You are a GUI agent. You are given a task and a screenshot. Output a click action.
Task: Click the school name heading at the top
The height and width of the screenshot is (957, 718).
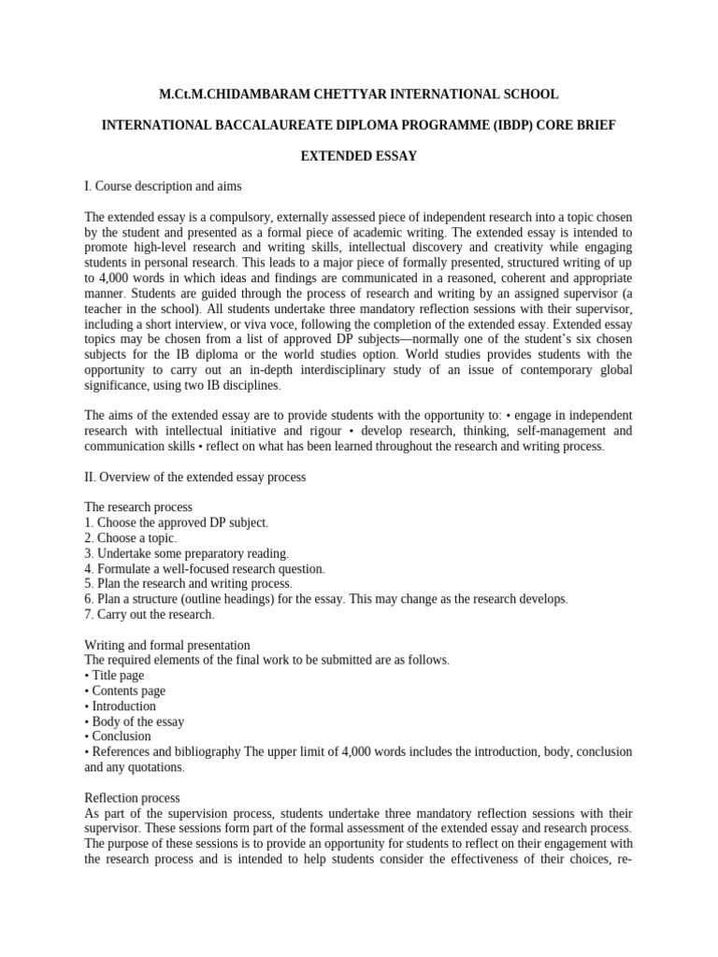click(358, 94)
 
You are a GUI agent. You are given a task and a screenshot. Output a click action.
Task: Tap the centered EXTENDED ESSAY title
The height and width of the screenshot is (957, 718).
click(358, 156)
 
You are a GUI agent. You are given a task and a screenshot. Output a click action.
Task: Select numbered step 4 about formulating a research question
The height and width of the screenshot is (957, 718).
click(204, 568)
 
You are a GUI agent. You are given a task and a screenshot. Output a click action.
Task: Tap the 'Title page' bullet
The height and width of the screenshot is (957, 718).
click(115, 675)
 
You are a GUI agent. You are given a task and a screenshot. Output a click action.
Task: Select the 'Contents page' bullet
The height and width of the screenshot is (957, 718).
click(125, 691)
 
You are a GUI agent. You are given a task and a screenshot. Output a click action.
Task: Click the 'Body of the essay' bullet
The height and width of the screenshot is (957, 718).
click(135, 721)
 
